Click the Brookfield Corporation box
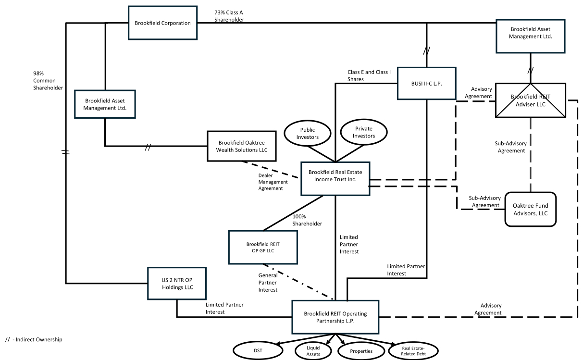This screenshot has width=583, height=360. [x=162, y=23]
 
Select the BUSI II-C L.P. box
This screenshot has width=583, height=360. [x=426, y=83]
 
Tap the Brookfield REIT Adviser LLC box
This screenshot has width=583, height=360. [x=531, y=100]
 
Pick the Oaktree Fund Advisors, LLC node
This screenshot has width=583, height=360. [x=530, y=209]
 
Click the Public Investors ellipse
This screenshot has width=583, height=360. [x=308, y=133]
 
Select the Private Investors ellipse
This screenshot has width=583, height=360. [x=364, y=132]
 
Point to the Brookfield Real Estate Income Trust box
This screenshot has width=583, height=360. [x=335, y=179]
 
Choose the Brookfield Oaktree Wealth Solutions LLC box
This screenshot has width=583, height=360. [x=242, y=146]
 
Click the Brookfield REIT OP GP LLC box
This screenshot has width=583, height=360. [x=263, y=247]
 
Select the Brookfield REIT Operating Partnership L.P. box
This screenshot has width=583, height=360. [x=335, y=317]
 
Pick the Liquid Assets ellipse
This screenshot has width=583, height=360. [x=313, y=351]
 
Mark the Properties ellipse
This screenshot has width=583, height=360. [x=361, y=351]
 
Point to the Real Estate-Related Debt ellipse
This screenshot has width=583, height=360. [x=413, y=351]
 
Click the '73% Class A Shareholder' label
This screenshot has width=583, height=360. [x=230, y=16]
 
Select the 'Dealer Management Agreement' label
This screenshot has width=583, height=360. [x=273, y=182]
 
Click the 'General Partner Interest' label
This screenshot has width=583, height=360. [x=268, y=283]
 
